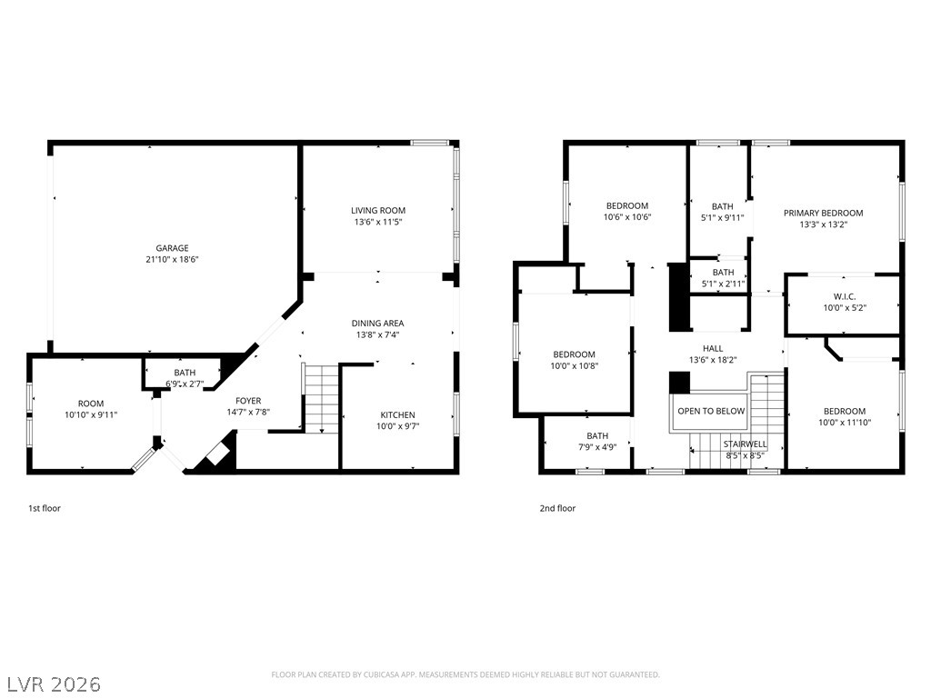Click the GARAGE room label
172,248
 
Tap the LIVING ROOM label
378,210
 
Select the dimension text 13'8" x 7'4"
377,334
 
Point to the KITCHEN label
398,414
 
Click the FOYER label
248,401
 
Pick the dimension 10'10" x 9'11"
91,414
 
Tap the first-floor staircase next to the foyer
321,399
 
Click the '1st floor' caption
45,508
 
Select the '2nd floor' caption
557,508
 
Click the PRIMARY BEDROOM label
824,213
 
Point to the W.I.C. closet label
845,296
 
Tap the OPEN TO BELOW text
711,411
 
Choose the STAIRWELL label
746,444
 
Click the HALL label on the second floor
713,348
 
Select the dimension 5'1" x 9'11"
722,218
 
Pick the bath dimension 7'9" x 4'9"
597,447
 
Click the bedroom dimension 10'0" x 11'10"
845,423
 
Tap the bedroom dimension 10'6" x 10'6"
627,217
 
